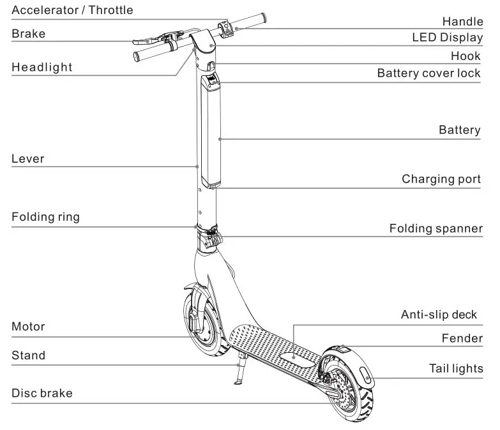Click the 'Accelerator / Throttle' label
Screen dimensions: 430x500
72,10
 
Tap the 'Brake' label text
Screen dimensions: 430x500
29,34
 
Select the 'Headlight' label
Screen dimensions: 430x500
42,67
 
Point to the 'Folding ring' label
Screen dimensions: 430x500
45,217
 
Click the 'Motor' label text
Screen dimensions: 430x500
28,327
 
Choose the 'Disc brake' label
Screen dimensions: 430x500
42,393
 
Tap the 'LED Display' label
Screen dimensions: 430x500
447,38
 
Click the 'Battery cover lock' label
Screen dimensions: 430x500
428,73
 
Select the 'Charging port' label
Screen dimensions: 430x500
441,179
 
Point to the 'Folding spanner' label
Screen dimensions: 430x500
436,228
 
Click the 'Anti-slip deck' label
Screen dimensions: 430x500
439,315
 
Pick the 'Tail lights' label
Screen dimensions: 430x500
455,369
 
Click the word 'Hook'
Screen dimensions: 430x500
466,56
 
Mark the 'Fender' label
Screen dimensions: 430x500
462,338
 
